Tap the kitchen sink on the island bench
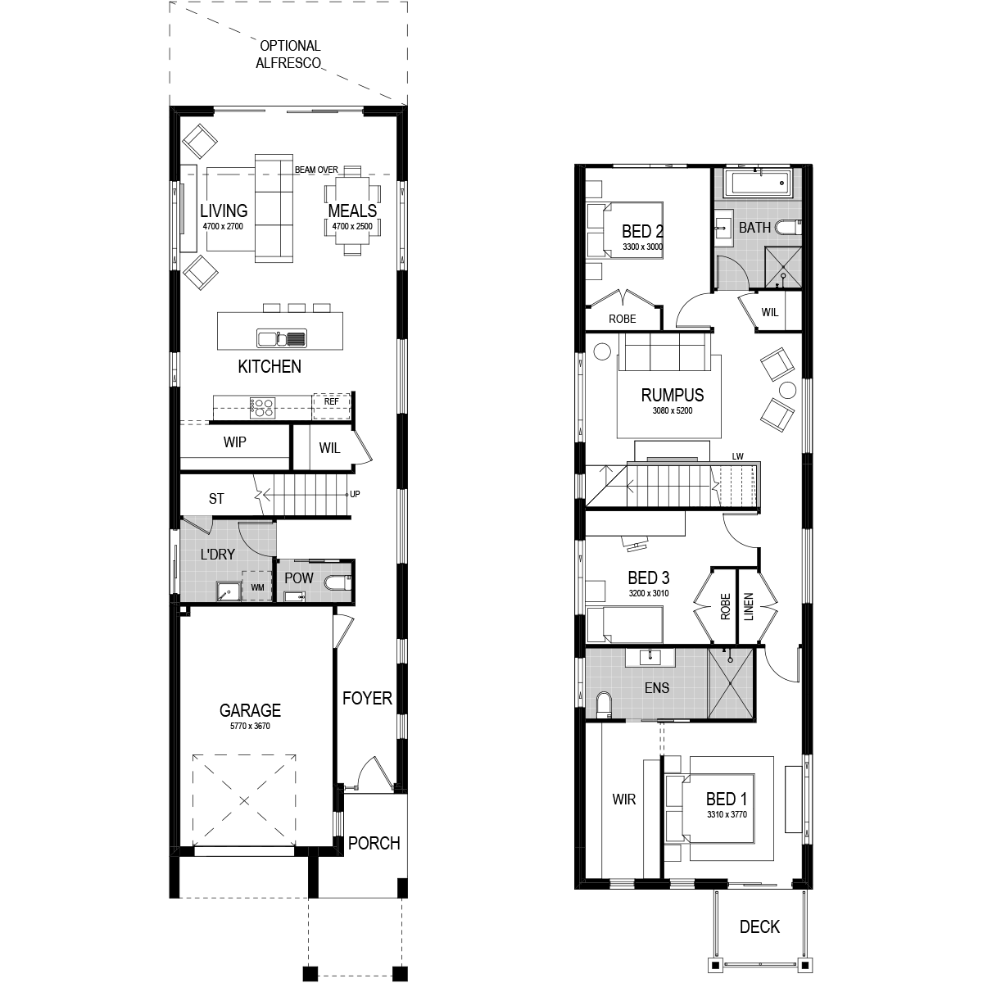[282, 338]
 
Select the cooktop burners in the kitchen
[263, 408]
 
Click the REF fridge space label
[332, 401]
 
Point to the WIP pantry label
[234, 442]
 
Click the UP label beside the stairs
[355, 494]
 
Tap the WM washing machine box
[257, 587]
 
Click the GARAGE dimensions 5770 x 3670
[250, 726]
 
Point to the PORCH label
[374, 843]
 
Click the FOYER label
[367, 698]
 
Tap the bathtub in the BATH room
[757, 183]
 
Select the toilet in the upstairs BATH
[789, 228]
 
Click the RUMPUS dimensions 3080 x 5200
[673, 410]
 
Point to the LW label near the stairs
[737, 456]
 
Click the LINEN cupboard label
[749, 606]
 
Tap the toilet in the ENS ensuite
[604, 704]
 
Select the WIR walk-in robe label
[624, 800]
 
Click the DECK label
[759, 926]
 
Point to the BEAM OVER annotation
[316, 170]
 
